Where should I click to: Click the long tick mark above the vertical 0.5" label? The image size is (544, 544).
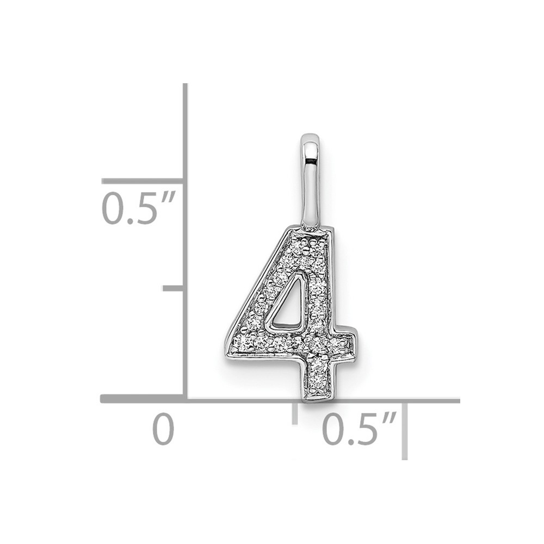143,181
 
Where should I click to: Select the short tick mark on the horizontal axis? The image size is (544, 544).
295,413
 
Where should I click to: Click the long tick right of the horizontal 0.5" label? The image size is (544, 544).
405,431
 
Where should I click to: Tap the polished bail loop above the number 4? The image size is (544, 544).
311,181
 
